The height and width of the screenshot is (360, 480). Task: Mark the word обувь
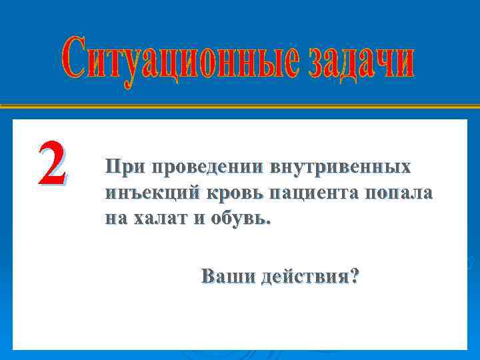click(x=240, y=219)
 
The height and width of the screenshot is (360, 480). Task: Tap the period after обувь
click(x=269, y=224)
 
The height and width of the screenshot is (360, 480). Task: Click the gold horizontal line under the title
click(x=240, y=106)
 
